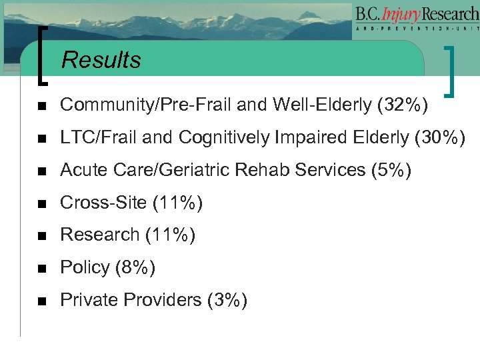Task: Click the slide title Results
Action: coord(101,60)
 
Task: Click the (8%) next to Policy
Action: coord(135,267)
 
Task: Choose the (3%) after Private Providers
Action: coord(227,300)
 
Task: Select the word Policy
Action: coord(85,267)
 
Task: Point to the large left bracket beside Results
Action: coord(43,56)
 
